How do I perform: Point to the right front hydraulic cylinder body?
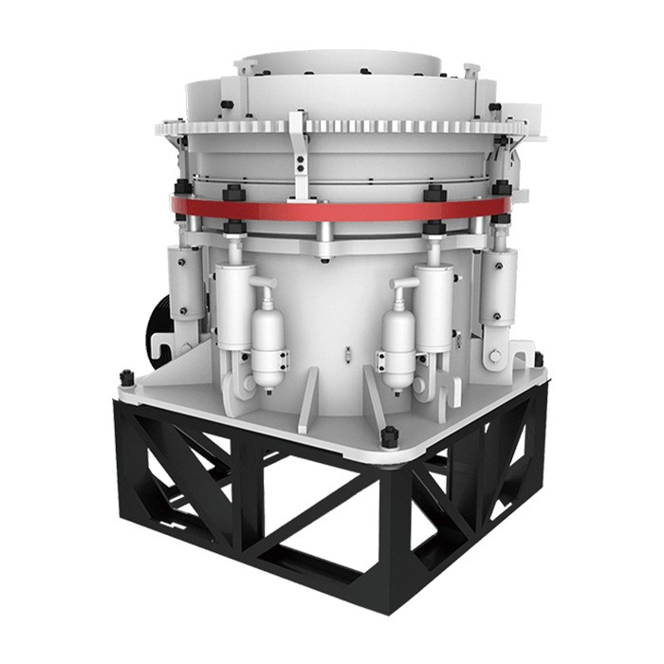(x=433, y=302)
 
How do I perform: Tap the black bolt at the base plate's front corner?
(x=387, y=437)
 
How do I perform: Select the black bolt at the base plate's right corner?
(x=538, y=360)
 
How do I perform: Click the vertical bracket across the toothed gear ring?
(x=299, y=152)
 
